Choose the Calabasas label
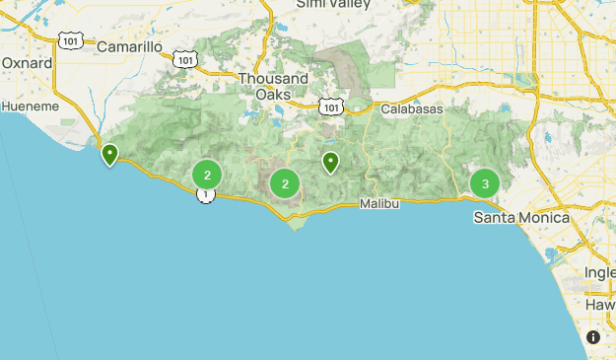[411, 108]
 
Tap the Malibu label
[379, 203]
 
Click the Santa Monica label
[521, 217]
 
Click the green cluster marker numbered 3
[484, 183]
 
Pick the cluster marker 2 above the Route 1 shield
[207, 176]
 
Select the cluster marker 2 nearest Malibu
[285, 183]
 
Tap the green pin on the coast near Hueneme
[109, 155]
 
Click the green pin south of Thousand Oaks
[331, 162]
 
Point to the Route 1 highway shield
[205, 195]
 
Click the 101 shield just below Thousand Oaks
[332, 106]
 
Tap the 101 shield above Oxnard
[70, 39]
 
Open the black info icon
[593, 337]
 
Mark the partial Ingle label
[599, 272]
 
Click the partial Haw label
[600, 305]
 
